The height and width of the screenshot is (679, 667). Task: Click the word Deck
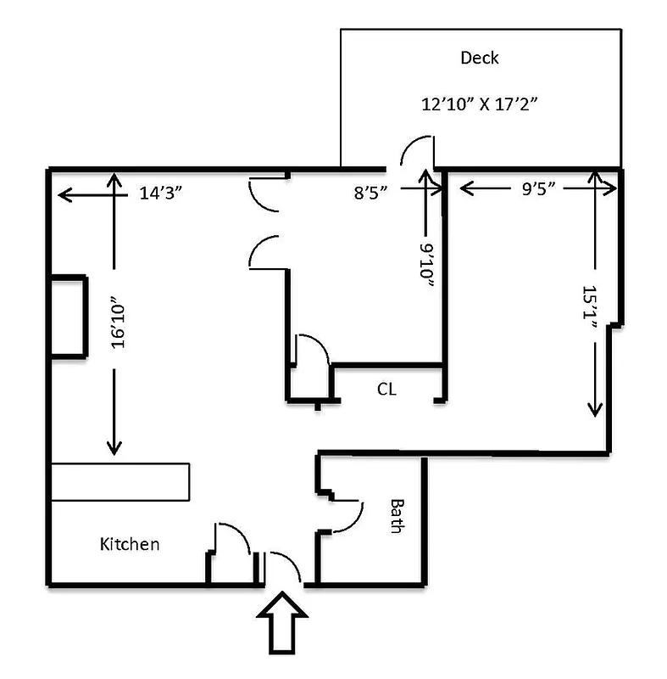point(479,59)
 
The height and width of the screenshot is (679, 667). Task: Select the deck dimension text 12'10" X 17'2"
point(481,104)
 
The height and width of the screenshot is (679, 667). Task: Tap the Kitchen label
point(129,543)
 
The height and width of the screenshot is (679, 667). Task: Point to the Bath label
point(396,515)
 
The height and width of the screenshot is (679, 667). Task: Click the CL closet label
point(386,390)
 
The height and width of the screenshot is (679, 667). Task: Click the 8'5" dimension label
point(371,192)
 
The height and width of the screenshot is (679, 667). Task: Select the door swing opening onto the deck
point(415,153)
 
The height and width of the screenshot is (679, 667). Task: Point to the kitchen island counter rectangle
point(120,481)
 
